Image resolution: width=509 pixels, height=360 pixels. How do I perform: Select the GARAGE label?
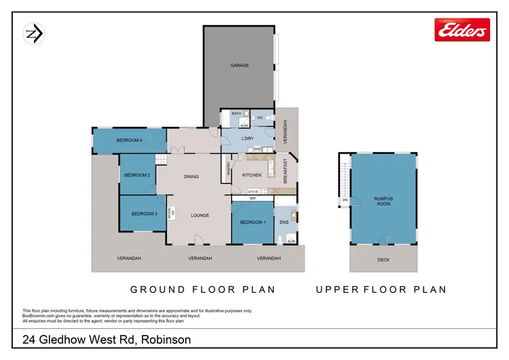click(240, 66)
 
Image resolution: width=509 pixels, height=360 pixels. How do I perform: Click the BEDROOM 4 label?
click(129, 141)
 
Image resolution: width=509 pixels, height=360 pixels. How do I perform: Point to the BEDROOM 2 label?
click(136, 175)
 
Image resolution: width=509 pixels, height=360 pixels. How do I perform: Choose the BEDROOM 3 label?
click(144, 214)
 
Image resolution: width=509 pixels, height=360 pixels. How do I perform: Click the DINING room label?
click(191, 177)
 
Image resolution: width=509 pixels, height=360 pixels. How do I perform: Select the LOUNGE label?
click(200, 215)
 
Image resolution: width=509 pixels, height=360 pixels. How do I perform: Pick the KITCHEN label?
click(252, 175)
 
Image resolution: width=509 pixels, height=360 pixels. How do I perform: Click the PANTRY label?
click(227, 170)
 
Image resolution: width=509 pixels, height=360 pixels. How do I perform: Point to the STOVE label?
click(253, 192)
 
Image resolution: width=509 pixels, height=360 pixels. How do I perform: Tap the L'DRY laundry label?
click(247, 139)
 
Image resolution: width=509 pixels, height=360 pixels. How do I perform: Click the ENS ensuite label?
click(284, 222)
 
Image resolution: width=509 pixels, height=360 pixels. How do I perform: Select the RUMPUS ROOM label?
click(383, 202)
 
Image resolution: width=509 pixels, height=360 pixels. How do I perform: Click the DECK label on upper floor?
click(383, 259)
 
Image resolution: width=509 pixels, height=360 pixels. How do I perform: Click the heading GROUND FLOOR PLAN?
click(203, 289)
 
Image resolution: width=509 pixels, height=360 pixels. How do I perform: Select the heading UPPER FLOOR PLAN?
click(381, 289)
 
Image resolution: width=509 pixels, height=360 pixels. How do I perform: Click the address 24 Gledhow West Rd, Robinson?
click(105, 339)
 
